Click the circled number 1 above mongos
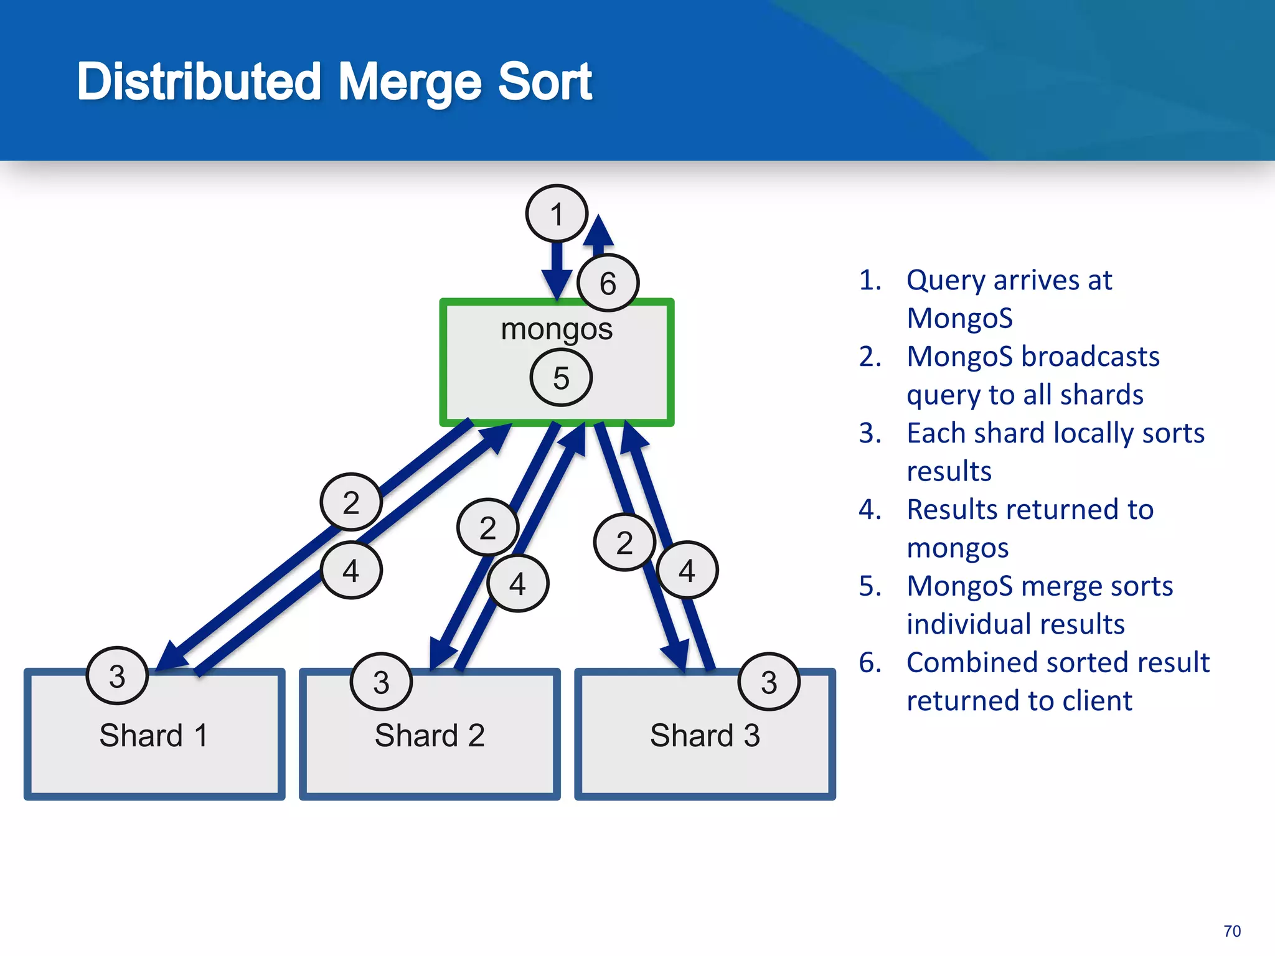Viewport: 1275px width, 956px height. (557, 213)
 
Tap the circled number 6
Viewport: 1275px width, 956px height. (608, 283)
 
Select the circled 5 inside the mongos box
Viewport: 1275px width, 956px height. (561, 378)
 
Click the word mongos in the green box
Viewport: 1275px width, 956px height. (557, 329)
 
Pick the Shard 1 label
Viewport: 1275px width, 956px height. (153, 735)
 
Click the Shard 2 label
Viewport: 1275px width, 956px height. (430, 735)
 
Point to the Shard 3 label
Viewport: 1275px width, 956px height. (705, 735)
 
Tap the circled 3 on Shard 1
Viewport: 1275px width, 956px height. (117, 676)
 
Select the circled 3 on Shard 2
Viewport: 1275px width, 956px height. (381, 682)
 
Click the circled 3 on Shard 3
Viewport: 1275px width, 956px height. (769, 682)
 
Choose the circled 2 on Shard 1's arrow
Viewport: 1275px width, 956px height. (351, 502)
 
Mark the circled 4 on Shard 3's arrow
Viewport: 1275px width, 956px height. (687, 570)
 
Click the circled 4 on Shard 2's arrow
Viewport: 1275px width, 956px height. (517, 583)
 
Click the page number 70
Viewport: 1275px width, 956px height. (1231, 931)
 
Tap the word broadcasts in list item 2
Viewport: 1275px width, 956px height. (1090, 357)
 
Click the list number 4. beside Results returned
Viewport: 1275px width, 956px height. (870, 510)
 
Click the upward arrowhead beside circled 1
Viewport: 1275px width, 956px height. (598, 230)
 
